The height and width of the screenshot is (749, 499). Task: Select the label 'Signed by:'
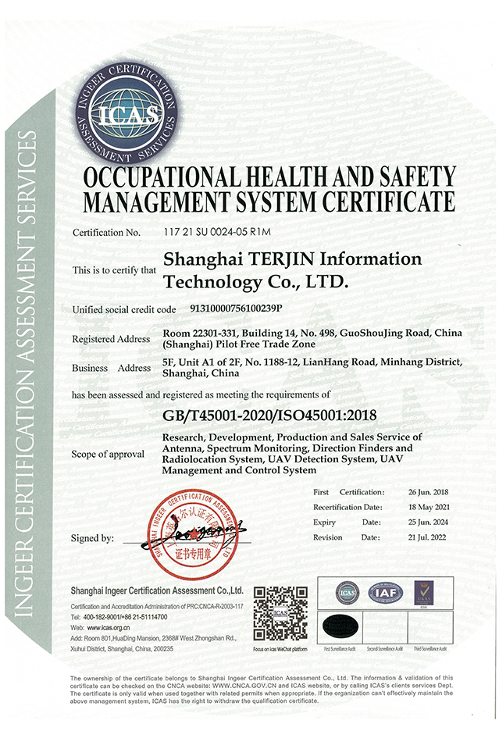pos(93,538)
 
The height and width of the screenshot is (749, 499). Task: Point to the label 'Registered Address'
pos(111,339)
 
